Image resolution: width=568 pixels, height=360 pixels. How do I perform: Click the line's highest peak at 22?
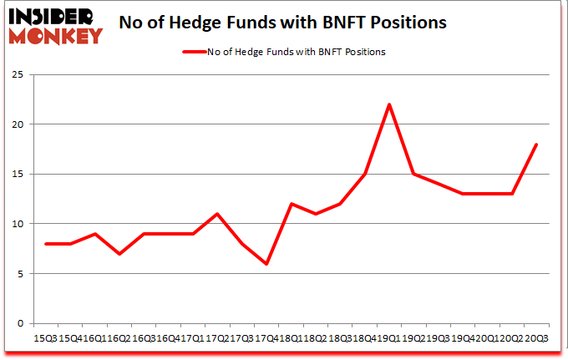(389, 104)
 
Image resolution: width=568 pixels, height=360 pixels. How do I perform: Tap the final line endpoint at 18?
(536, 145)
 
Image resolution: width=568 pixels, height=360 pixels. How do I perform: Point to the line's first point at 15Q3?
(46, 244)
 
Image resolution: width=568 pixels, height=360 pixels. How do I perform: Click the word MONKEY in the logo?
(55, 35)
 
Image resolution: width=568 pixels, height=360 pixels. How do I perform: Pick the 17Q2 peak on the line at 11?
(217, 214)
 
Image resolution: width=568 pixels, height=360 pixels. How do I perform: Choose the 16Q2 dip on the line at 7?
(119, 254)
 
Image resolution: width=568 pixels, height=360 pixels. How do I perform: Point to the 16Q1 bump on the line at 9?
(95, 234)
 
